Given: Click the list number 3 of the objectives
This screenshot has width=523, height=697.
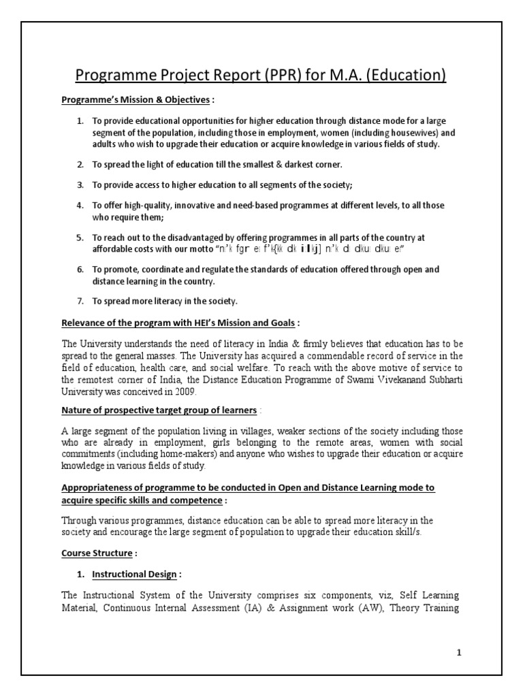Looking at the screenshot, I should pyautogui.click(x=80, y=184).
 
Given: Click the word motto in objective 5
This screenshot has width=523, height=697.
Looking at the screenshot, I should pyautogui.click(x=199, y=248).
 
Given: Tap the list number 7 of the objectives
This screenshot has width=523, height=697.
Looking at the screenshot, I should pyautogui.click(x=80, y=301).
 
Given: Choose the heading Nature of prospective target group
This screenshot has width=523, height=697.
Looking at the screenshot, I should pyautogui.click(x=159, y=410).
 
